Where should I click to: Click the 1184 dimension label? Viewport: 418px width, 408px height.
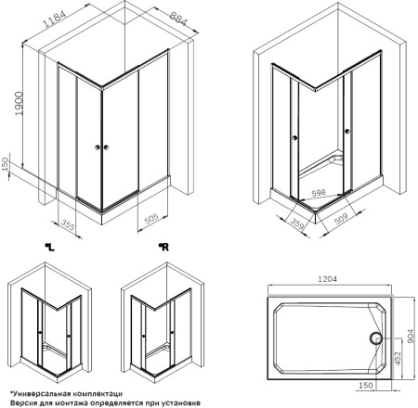55,19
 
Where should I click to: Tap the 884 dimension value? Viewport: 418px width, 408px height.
178,19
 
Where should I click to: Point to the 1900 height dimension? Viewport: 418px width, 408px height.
19,103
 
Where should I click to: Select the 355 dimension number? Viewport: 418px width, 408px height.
67,224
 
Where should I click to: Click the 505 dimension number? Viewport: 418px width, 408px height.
151,219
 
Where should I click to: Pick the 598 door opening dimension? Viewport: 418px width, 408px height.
319,193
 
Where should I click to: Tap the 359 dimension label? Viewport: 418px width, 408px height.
297,223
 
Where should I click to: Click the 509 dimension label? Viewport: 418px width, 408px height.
341,219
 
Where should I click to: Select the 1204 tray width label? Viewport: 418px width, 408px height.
328,279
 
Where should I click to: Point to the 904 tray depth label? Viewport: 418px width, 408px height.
411,336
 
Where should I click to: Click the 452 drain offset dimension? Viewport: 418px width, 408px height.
398,358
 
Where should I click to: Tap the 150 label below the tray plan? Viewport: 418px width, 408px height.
365,386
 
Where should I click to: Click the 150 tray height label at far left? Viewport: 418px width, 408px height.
5,164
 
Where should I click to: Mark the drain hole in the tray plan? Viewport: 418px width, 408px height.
376,338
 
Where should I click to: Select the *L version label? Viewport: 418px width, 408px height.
49,248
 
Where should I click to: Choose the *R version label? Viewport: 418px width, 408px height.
163,247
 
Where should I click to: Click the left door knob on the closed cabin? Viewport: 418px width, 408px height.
98,147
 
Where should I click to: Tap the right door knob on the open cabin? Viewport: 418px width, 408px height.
347,132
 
